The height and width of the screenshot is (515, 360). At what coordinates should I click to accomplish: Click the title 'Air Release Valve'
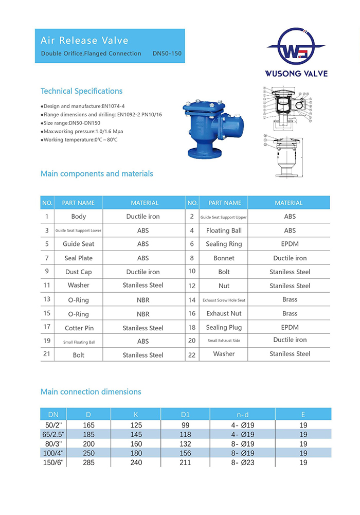[85, 41]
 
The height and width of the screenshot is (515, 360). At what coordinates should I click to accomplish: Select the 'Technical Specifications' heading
[81, 91]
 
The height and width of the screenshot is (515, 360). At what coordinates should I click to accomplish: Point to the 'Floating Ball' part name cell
[224, 230]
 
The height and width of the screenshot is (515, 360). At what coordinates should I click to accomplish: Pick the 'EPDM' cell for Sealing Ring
[290, 244]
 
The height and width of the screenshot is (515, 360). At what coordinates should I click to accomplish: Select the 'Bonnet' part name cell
[224, 258]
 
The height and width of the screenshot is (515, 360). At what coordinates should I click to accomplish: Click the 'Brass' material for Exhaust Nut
[290, 313]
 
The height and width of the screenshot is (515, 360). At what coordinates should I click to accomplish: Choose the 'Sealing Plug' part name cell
[224, 327]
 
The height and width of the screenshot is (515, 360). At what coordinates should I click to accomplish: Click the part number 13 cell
[47, 299]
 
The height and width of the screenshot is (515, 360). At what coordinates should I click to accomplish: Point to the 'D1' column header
[186, 414]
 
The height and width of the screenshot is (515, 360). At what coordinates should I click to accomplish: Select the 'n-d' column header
[243, 414]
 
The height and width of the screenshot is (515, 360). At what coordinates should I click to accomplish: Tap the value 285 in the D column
[88, 463]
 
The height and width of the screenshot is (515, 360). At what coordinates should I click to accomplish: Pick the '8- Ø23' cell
[243, 463]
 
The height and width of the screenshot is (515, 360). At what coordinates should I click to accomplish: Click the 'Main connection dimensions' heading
[91, 392]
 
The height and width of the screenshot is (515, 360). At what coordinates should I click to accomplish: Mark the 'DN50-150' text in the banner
[167, 54]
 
